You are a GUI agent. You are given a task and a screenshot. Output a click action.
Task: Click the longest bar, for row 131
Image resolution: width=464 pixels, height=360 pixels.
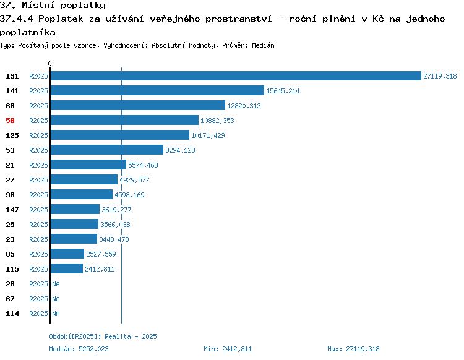[x=236, y=75]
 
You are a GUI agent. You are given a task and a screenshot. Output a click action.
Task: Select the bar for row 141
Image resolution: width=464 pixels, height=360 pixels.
[x=157, y=90]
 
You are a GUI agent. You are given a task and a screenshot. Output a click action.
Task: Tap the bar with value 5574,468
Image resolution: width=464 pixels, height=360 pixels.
[x=88, y=165]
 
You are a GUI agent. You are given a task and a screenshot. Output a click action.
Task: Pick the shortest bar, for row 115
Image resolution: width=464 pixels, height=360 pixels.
[x=67, y=268]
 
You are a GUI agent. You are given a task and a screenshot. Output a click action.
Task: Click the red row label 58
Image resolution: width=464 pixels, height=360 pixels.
[x=10, y=121]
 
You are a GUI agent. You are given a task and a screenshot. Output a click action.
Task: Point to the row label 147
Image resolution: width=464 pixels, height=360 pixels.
[x=12, y=210]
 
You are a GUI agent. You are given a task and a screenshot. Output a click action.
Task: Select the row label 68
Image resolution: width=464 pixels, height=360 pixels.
[x=10, y=106]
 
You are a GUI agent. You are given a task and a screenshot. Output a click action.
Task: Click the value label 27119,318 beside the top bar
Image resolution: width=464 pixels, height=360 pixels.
[x=440, y=76]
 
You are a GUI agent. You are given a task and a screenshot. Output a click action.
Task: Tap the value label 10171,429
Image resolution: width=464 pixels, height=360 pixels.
[x=208, y=135]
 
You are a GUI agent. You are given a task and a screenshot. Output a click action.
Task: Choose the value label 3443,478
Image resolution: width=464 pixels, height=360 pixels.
[x=114, y=239]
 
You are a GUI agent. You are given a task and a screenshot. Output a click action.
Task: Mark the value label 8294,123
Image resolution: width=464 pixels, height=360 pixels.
[x=180, y=150]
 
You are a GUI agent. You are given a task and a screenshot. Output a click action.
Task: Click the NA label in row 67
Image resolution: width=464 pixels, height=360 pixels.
[x=56, y=299]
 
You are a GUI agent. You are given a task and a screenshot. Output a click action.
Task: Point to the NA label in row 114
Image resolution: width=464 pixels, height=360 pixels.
[x=56, y=314]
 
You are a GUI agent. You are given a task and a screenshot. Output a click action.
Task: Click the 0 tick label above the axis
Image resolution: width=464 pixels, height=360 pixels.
[x=49, y=64]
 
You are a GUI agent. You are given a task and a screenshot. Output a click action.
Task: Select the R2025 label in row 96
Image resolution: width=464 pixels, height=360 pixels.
[x=38, y=195]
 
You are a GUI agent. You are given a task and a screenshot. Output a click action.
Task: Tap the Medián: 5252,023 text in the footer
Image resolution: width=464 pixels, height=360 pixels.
[x=79, y=349]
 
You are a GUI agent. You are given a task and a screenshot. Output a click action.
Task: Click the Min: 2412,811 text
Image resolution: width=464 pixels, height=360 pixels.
[x=228, y=349]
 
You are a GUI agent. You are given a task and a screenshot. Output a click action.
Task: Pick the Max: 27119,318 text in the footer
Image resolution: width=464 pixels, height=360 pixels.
[x=353, y=349]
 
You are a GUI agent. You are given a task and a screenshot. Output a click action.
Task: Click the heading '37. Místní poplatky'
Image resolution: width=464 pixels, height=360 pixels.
[x=53, y=6]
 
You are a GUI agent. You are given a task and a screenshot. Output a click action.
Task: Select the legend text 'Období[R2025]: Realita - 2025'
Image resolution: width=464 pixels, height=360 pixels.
[x=103, y=336]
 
